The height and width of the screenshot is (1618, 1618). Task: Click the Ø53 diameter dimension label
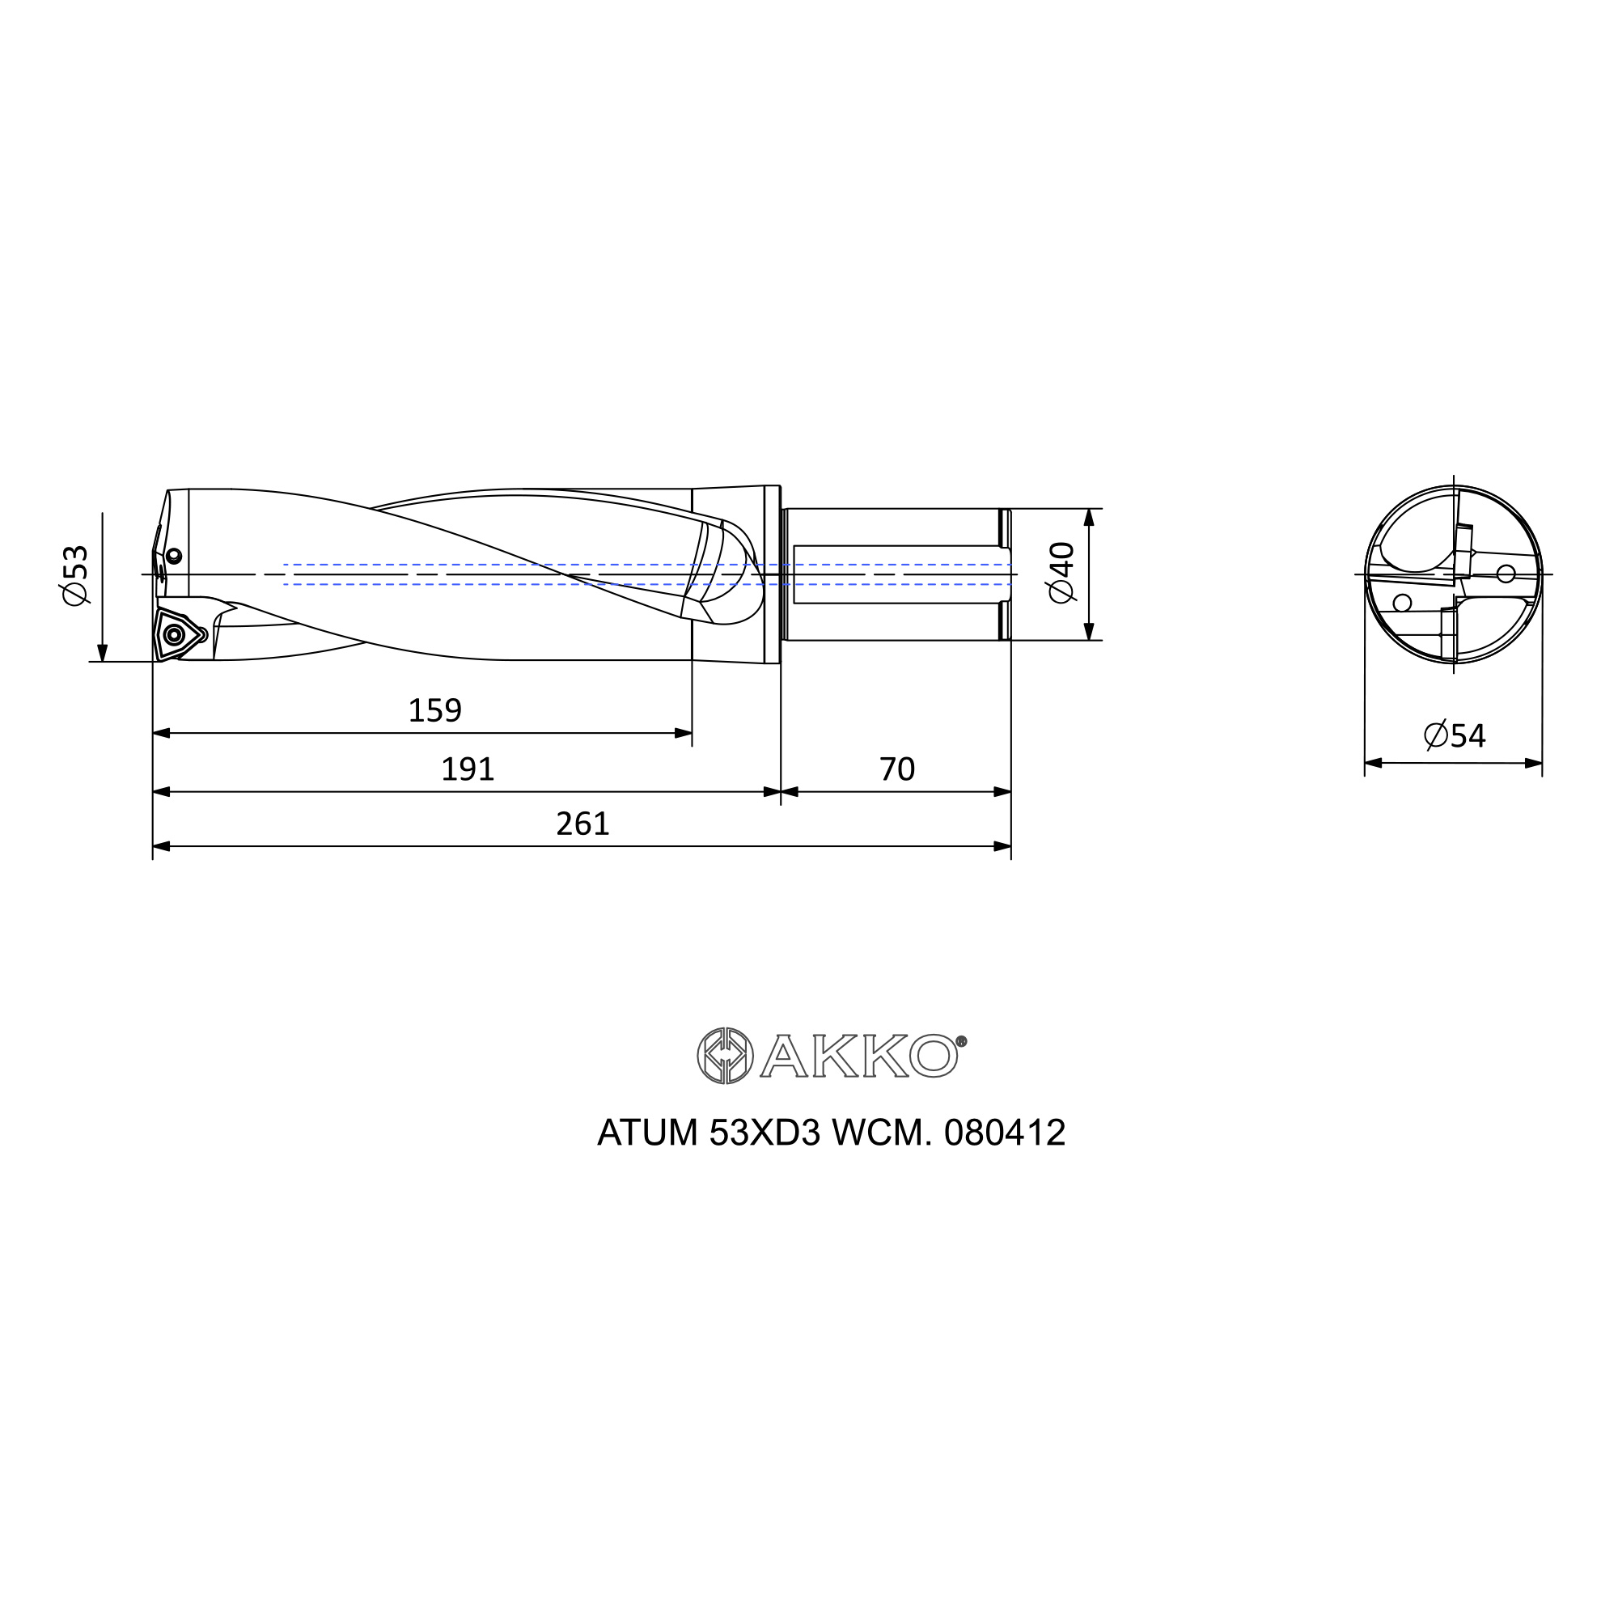[x=74, y=575]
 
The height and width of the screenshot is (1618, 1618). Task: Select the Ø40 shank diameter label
[x=1061, y=572]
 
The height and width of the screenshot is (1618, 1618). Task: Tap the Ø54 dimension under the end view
[x=1455, y=735]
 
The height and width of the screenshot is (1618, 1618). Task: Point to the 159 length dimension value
[x=434, y=710]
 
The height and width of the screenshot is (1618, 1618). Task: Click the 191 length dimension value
[x=468, y=769]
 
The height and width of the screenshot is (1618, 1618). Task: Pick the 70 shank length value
[x=897, y=769]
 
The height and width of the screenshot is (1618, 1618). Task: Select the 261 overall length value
[x=582, y=824]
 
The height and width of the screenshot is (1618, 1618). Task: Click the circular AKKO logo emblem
[x=725, y=1055]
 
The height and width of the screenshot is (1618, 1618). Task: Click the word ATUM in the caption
[x=647, y=1133]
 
